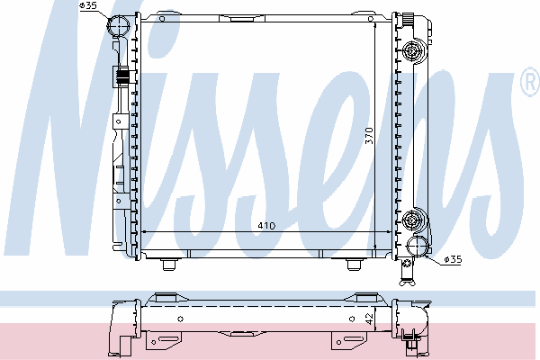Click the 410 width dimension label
[x=266, y=226]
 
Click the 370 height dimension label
[x=369, y=136]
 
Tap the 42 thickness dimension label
[x=369, y=319]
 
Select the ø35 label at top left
[x=88, y=6]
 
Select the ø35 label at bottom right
[x=453, y=259]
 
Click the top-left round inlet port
[x=119, y=25]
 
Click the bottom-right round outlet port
[x=417, y=247]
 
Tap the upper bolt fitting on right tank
[x=412, y=51]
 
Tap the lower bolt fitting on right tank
[x=412, y=219]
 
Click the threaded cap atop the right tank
[x=408, y=18]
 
